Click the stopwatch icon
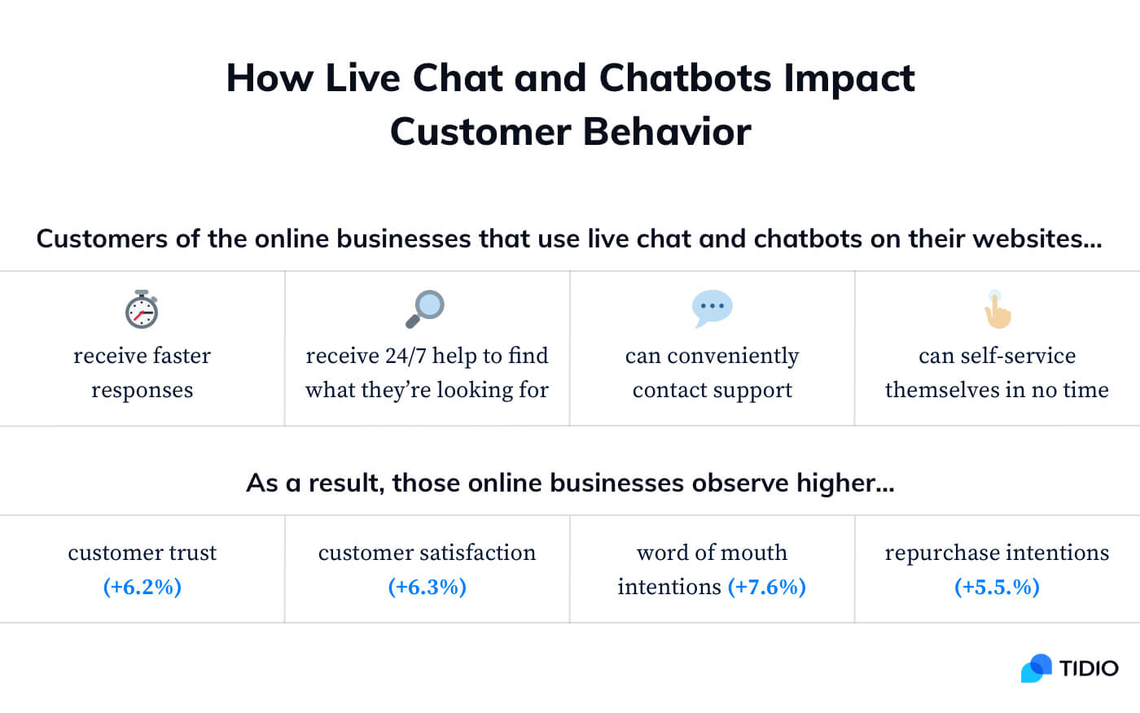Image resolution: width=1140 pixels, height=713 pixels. click(142, 309)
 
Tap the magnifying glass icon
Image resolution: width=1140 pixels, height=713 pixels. click(425, 308)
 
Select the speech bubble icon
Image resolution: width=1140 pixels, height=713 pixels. click(712, 308)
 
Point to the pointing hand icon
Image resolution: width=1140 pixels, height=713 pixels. click(997, 309)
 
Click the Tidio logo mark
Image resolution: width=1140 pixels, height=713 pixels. click(1036, 668)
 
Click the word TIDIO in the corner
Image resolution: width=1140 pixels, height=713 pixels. click(1089, 668)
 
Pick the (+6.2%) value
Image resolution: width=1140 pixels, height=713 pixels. click(142, 587)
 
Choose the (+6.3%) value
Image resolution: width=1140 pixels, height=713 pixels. click(427, 587)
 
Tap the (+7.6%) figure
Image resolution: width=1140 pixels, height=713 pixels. click(766, 587)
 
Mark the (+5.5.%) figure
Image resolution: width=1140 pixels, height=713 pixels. click(997, 587)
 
